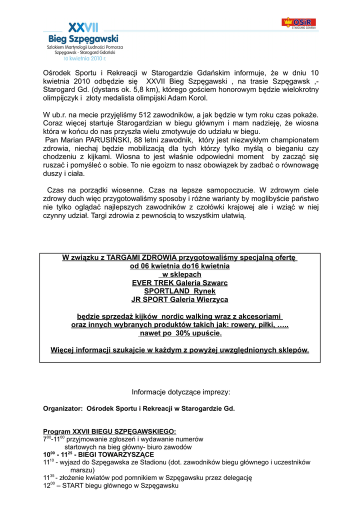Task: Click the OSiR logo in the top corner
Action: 299,23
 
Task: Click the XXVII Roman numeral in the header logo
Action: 83,27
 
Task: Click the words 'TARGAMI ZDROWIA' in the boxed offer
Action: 135,257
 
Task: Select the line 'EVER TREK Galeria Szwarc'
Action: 179,283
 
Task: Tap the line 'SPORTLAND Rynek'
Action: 179,291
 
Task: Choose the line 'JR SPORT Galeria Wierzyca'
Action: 179,299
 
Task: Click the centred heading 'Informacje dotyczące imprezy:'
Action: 181,391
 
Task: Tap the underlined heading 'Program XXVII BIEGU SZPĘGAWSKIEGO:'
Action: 109,431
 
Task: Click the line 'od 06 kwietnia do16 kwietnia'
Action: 179,266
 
